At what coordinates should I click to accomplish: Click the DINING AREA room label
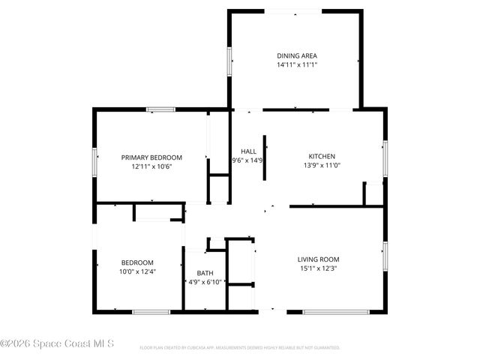tap(297, 55)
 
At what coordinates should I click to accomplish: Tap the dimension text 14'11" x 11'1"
tap(297, 65)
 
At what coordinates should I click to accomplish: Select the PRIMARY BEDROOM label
tap(152, 157)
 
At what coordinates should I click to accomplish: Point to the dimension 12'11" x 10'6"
tap(152, 166)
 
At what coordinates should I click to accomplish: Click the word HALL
tap(248, 151)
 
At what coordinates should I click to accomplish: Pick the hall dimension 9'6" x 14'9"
tap(247, 160)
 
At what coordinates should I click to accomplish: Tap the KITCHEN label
tap(322, 157)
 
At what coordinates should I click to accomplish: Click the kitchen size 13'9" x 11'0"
tap(322, 166)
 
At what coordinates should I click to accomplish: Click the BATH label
tap(205, 273)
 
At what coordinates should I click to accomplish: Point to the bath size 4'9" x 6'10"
tap(204, 282)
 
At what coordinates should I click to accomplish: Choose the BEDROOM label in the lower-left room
tap(137, 262)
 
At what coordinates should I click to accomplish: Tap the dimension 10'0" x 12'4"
tap(137, 271)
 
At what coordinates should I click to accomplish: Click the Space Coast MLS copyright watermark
tap(57, 344)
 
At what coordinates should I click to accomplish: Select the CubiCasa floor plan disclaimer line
tap(240, 348)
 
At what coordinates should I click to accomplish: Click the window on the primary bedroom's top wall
tap(160, 110)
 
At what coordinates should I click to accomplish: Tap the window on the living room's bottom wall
tap(336, 311)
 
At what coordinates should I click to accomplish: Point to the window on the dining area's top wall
tap(294, 10)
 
